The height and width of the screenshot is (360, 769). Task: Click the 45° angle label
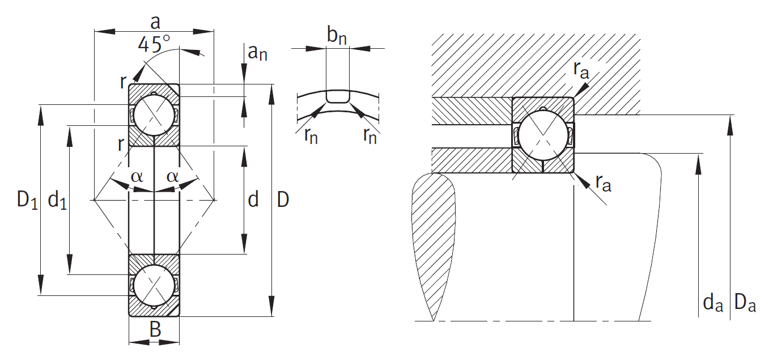tap(154, 44)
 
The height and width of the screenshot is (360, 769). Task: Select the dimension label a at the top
tap(154, 22)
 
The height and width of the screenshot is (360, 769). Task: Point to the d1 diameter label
tap(57, 200)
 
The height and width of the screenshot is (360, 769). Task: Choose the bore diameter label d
tap(253, 200)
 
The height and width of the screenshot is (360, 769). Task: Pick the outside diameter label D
tap(283, 200)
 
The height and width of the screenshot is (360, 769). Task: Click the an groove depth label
tap(257, 53)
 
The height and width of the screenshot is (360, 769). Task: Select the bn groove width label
tap(337, 36)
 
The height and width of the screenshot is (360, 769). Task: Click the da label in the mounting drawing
tap(713, 304)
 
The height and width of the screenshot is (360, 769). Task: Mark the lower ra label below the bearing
tap(603, 183)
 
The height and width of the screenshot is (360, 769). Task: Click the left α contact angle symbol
tap(137, 176)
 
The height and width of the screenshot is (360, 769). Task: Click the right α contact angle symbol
tap(172, 176)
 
